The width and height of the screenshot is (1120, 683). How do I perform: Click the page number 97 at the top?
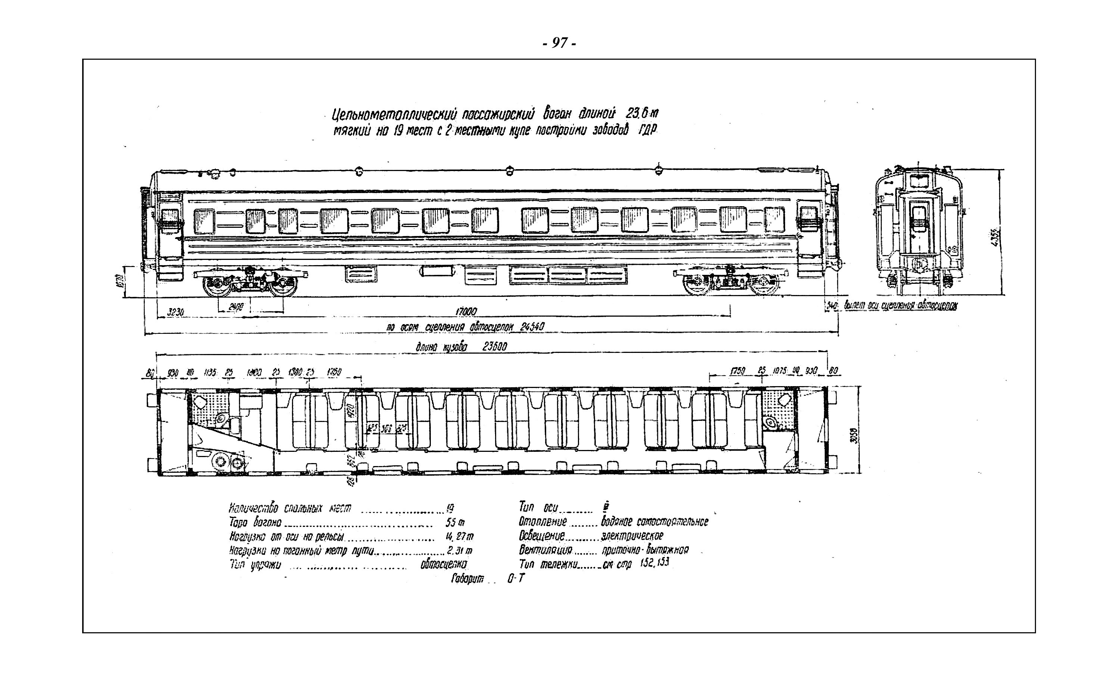[560, 43]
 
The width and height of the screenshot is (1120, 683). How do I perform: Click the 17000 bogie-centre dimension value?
[466, 312]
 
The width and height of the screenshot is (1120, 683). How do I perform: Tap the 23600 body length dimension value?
[495, 347]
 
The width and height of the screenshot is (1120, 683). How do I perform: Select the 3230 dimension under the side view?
[175, 313]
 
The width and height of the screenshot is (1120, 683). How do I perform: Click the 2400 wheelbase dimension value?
[236, 307]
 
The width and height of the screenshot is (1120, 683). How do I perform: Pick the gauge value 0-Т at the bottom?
[516, 579]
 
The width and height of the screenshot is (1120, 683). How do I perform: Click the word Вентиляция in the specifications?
[545, 550]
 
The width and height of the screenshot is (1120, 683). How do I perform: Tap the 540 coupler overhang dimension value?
[831, 306]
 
